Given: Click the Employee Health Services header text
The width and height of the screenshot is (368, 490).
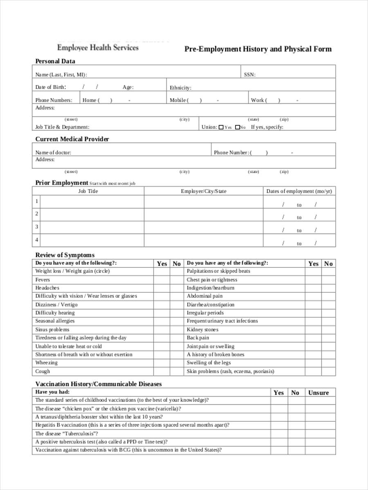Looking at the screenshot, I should [x=98, y=47].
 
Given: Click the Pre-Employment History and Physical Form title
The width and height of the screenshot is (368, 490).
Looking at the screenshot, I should [x=258, y=49].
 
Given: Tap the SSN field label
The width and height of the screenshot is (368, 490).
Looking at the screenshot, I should [x=249, y=75].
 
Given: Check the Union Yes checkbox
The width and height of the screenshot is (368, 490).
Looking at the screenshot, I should [x=221, y=127].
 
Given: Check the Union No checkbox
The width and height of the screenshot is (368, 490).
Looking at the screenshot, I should [x=237, y=127].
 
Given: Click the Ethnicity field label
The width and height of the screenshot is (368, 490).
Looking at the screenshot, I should [x=180, y=88].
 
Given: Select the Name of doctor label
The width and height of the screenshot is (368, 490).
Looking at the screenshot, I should [x=53, y=153].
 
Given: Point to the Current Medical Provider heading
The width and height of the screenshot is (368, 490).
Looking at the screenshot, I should [x=72, y=139].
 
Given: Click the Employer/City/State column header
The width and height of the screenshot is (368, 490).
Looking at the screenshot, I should [x=203, y=191].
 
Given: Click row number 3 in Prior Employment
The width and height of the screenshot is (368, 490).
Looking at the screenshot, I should [x=37, y=227].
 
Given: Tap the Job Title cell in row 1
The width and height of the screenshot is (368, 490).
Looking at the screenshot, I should [x=92, y=201].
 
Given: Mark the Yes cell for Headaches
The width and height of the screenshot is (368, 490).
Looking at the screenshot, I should [x=162, y=288].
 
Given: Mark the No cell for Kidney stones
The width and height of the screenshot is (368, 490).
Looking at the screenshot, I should [x=328, y=330].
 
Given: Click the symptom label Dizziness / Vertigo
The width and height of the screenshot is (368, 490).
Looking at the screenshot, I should [x=56, y=305].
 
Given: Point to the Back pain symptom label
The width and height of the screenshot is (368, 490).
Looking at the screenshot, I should [x=198, y=338].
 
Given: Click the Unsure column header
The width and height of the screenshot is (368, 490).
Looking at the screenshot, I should [x=318, y=393].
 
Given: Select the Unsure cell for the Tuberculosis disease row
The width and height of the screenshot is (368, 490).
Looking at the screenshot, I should [x=318, y=434].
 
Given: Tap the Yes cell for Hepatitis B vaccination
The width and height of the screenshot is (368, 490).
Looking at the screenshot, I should [x=278, y=425].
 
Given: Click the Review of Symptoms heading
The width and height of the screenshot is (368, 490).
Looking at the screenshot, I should [x=65, y=255].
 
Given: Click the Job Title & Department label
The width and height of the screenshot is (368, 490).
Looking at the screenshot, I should [x=62, y=127].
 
